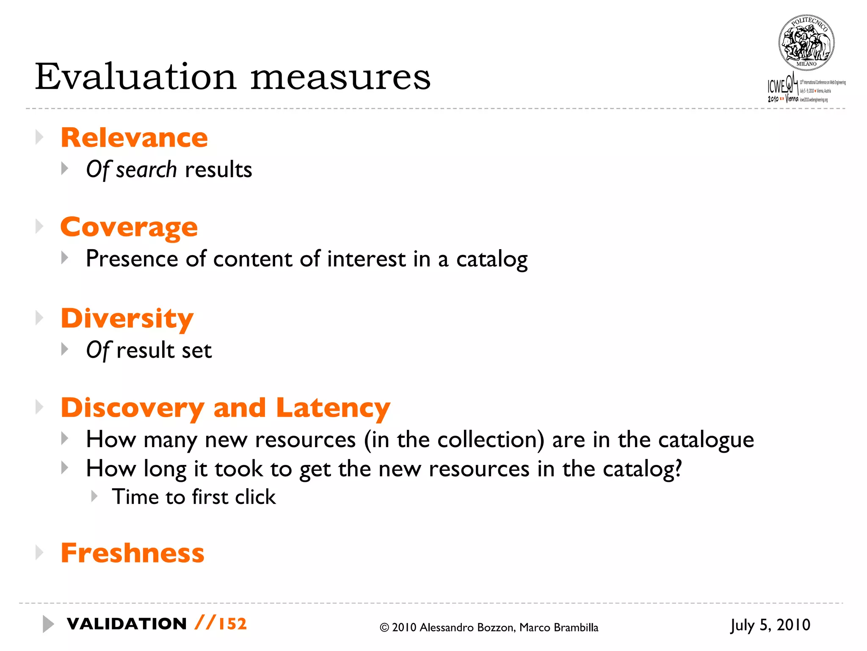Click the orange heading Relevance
click(x=134, y=138)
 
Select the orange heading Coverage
click(x=129, y=227)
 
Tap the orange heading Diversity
click(x=127, y=318)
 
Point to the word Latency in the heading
click(x=333, y=408)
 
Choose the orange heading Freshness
click(x=133, y=553)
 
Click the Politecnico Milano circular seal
click(x=806, y=43)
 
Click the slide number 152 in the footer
click(x=232, y=624)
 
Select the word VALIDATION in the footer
click(x=127, y=624)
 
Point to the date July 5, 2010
click(x=770, y=625)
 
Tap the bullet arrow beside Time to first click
click(x=94, y=496)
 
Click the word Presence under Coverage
click(x=132, y=259)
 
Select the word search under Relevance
click(x=146, y=170)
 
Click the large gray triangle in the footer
click(x=48, y=624)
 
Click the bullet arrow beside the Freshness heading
click(x=39, y=553)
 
